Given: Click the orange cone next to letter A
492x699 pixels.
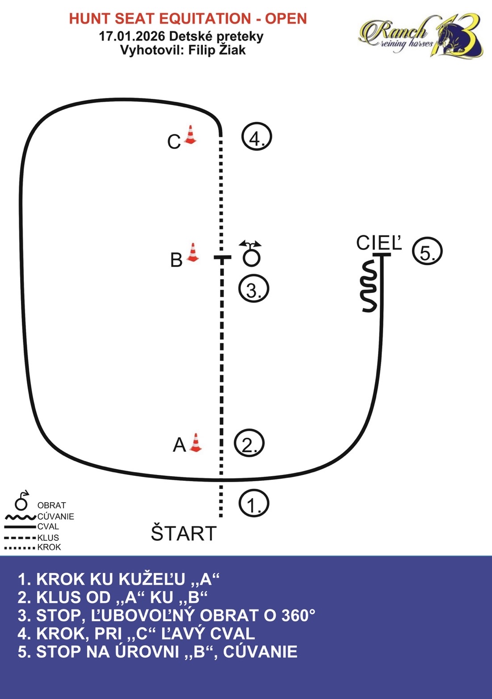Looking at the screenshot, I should click(195, 443).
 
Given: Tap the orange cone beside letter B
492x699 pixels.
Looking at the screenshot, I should click(193, 253).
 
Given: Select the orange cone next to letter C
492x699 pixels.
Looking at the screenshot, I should click(190, 135).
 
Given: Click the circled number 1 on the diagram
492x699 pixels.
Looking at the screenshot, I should click(254, 504).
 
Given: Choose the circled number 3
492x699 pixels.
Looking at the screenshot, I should click(253, 289).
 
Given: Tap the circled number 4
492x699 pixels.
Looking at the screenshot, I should click(257, 137).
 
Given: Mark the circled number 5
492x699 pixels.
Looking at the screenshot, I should click(427, 252).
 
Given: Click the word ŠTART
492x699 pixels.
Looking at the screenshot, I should click(184, 534).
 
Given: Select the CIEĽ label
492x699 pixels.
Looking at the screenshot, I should click(379, 243).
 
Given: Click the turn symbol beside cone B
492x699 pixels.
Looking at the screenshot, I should click(251, 253).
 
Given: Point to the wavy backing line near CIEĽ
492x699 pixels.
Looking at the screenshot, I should click(369, 287).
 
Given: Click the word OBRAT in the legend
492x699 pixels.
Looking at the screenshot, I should click(51, 505).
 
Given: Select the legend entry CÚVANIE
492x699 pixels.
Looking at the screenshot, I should click(55, 517).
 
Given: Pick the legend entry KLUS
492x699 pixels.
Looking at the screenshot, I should click(48, 538).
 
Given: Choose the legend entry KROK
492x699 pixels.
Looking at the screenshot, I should click(49, 547).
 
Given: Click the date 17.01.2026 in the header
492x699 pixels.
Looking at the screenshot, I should click(132, 36).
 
